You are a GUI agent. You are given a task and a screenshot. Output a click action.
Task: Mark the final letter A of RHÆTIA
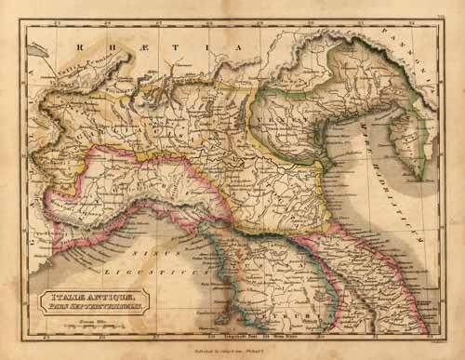pyautogui.click(x=237, y=44)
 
